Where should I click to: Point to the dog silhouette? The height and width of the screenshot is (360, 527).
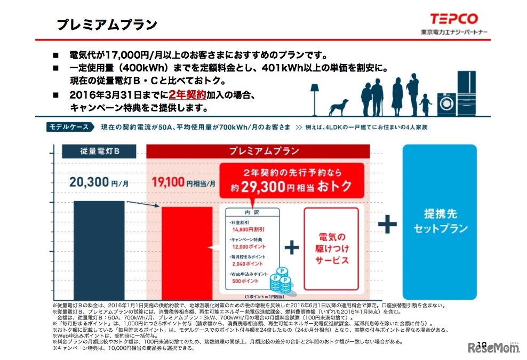(x=338, y=107)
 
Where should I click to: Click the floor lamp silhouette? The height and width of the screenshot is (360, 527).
(x=315, y=96)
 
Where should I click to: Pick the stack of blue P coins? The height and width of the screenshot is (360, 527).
(x=280, y=279)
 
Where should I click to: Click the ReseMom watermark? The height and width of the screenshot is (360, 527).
(x=493, y=348)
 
